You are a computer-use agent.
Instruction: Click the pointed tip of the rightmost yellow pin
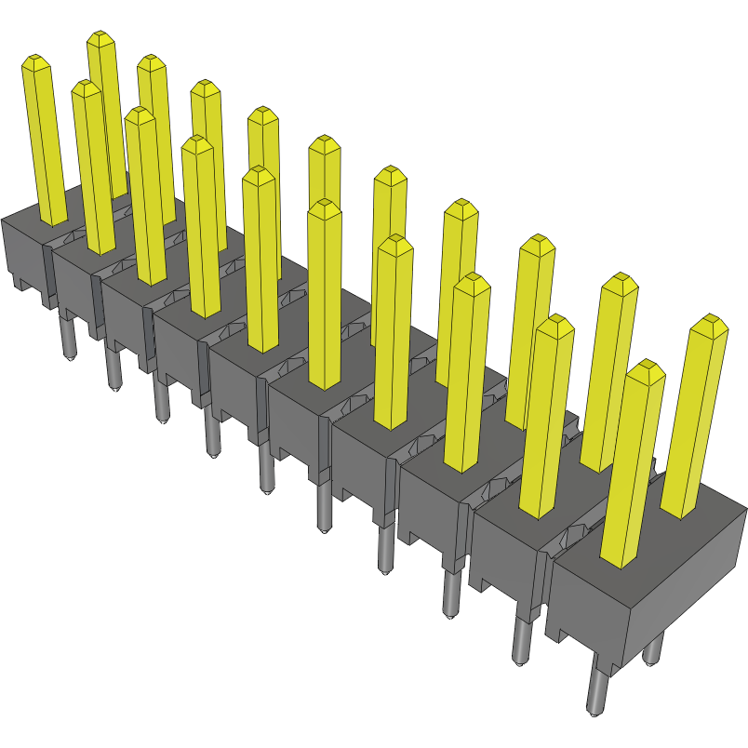[712, 321]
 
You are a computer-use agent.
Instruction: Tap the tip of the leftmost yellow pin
[35, 60]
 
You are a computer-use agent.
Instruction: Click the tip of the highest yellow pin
[101, 36]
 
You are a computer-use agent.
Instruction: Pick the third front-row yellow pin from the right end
[470, 372]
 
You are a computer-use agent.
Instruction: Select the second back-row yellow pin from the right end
[614, 372]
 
